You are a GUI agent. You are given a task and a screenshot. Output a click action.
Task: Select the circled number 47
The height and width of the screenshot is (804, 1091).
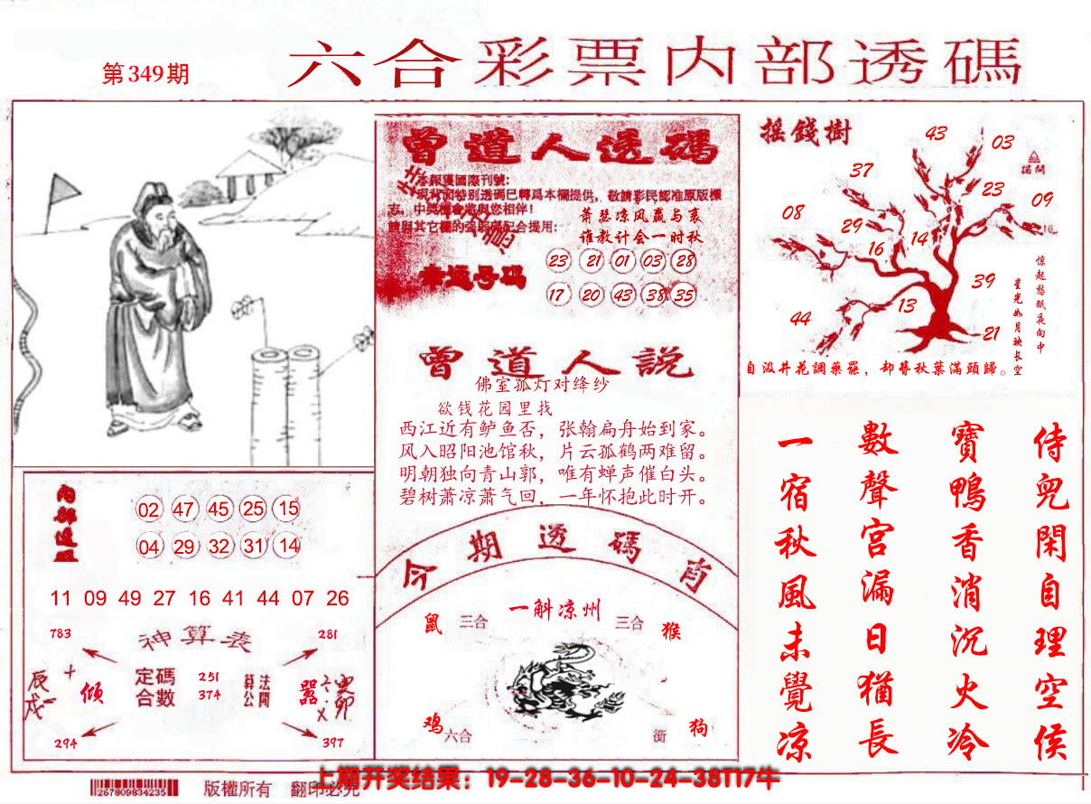pyautogui.click(x=184, y=510)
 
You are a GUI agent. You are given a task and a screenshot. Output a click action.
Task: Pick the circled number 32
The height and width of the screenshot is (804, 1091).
pyautogui.click(x=219, y=546)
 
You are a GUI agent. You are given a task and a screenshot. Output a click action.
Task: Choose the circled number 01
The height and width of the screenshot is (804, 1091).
pyautogui.click(x=622, y=262)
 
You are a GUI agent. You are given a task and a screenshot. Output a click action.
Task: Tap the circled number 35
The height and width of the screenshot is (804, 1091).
pyautogui.click(x=685, y=294)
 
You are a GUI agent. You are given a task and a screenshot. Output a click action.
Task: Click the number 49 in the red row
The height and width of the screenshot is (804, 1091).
pyautogui.click(x=129, y=598)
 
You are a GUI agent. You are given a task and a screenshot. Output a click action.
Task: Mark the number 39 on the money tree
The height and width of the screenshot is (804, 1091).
pyautogui.click(x=984, y=281)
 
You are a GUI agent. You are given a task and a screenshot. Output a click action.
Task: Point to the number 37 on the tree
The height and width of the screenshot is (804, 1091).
pyautogui.click(x=862, y=170)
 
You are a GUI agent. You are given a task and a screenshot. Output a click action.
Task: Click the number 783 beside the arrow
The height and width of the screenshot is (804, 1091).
pyautogui.click(x=61, y=633)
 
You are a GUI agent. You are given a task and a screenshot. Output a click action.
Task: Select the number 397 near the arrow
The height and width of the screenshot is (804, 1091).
pyautogui.click(x=332, y=743)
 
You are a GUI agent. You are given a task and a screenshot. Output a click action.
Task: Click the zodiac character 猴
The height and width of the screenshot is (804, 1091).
pyautogui.click(x=670, y=630)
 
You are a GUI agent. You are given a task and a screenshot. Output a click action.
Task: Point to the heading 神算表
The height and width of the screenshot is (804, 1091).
pyautogui.click(x=194, y=641)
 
